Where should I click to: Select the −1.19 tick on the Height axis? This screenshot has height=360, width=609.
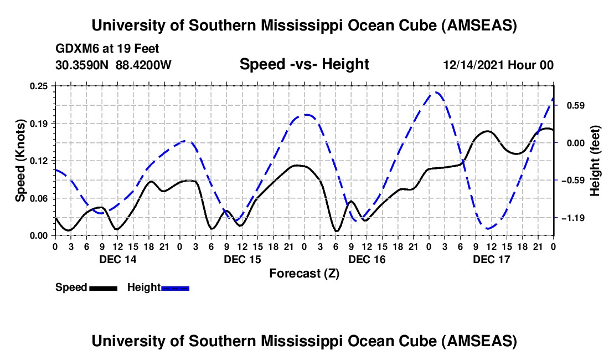(x=577, y=218)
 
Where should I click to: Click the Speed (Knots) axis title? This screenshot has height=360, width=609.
(x=20, y=161)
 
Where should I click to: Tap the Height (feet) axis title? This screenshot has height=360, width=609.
(x=595, y=161)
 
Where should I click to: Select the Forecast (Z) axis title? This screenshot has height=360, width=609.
(x=304, y=273)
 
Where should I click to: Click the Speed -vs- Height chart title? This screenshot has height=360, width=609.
(x=304, y=64)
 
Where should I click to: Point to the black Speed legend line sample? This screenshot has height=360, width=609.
(x=103, y=288)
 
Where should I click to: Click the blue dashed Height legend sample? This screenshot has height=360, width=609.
(x=176, y=288)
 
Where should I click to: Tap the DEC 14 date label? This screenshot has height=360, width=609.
(x=117, y=259)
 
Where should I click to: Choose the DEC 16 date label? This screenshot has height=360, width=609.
(x=367, y=259)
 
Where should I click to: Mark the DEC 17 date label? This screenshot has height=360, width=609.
(x=491, y=259)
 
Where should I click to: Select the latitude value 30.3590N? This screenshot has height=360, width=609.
(x=82, y=65)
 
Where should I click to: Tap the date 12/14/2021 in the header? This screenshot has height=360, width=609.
(x=473, y=65)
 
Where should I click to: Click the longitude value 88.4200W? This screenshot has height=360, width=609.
(x=143, y=65)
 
